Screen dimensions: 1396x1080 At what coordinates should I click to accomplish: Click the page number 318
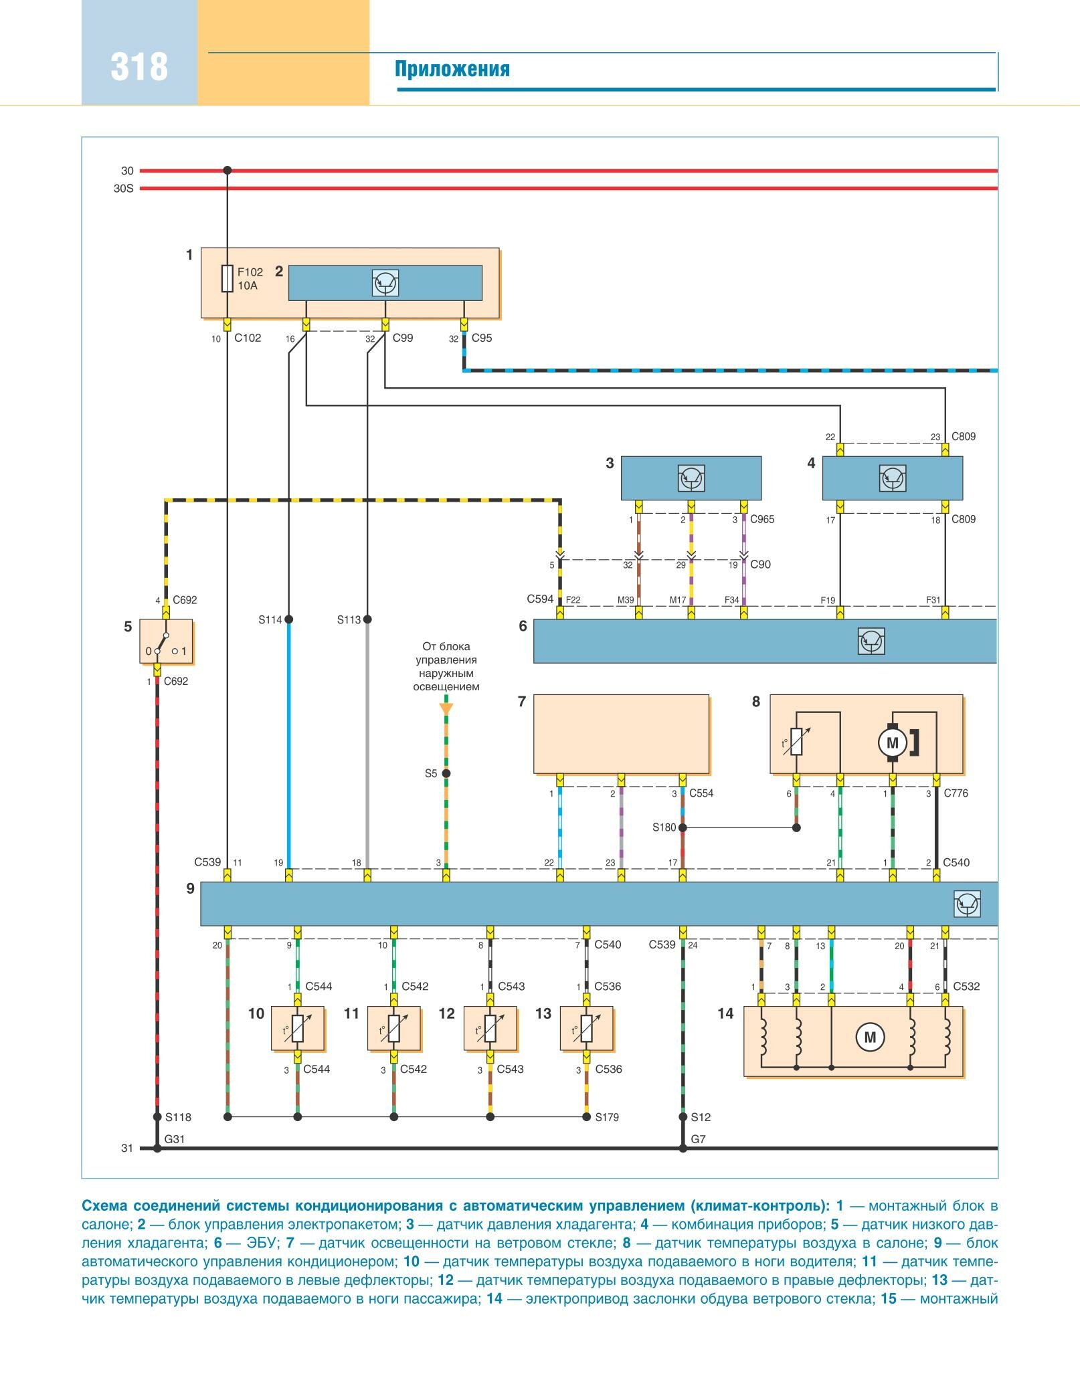point(139,68)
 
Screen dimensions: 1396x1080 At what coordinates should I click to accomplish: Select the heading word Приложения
point(452,69)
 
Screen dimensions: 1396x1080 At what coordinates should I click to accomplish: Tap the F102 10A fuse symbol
point(228,278)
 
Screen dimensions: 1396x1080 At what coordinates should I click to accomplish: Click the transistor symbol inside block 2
point(385,283)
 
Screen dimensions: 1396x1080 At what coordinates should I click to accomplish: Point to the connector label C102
point(248,338)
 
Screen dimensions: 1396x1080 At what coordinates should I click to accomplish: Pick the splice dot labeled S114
point(289,619)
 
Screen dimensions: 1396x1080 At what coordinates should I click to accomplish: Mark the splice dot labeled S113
point(367,619)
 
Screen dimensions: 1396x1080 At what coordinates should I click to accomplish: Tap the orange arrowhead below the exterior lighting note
point(446,708)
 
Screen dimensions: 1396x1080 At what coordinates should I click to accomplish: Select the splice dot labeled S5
point(446,773)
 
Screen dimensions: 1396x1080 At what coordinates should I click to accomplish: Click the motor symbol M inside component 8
point(892,742)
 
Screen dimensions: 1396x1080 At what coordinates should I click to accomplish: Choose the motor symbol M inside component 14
point(870,1037)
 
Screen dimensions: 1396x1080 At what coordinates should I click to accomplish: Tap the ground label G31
point(175,1139)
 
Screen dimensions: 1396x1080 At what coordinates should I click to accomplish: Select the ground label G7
point(698,1139)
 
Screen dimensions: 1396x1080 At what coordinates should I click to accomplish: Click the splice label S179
point(607,1117)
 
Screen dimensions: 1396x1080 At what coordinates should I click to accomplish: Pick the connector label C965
point(762,519)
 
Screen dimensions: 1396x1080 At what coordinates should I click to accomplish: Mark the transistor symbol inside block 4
point(892,478)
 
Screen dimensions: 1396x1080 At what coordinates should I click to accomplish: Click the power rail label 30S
point(123,189)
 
